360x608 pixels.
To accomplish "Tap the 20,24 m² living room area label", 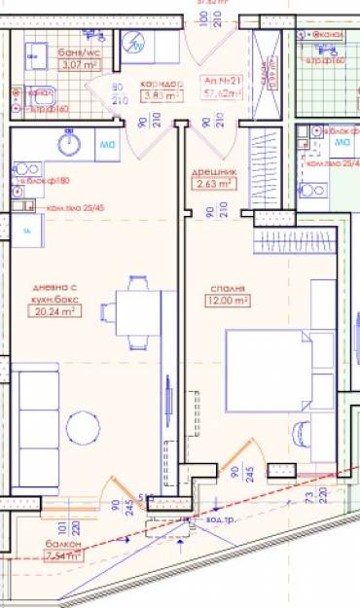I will coord(56,312).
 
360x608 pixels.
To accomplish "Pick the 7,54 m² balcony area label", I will coord(60,556).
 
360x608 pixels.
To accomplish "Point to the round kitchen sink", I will coord(68,144).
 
